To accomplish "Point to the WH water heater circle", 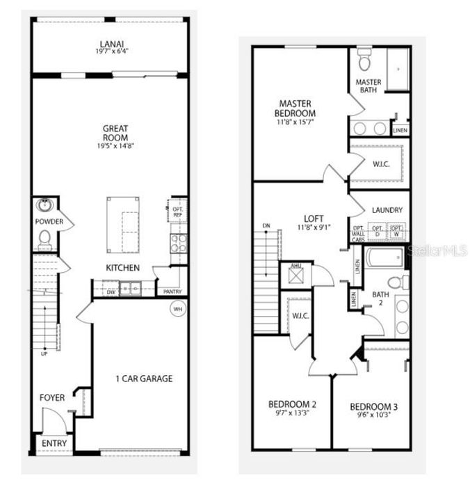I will click(178, 308).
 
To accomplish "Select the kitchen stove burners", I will click(178, 242).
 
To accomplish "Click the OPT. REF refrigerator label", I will click(177, 211).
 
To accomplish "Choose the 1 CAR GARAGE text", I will click(144, 379).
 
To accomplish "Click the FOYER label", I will click(52, 398).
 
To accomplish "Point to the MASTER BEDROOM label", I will click(297, 109).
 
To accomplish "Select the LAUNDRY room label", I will click(387, 209).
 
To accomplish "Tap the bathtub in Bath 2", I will click(382, 260).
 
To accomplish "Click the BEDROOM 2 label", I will click(293, 404).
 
